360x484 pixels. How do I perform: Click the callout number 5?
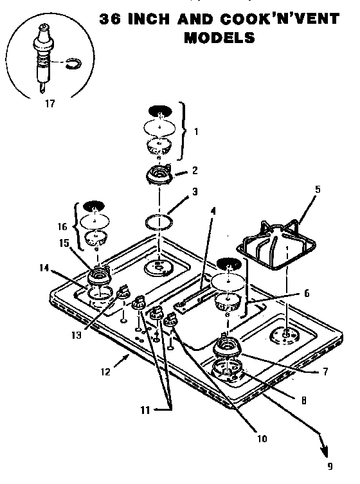tap(317, 190)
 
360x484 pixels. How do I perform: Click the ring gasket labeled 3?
tap(158, 222)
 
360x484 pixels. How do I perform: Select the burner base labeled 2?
tap(158, 175)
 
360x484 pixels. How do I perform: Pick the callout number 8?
tap(301, 399)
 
